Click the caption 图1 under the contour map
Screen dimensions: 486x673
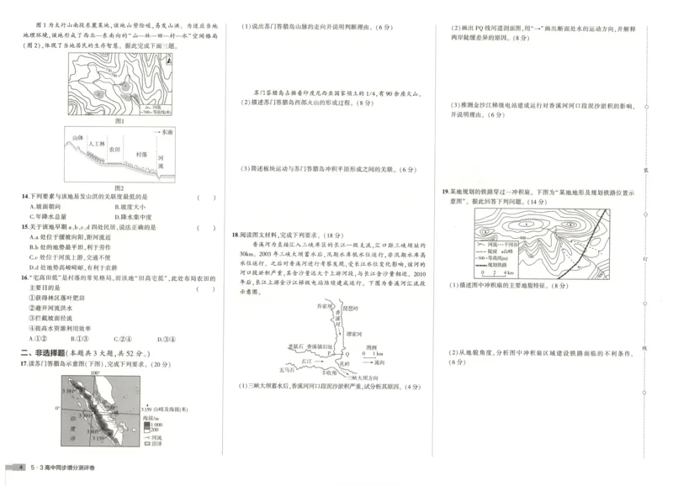point(119,119)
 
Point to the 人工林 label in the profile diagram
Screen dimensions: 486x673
point(95,145)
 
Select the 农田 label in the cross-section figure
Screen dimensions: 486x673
point(117,151)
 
